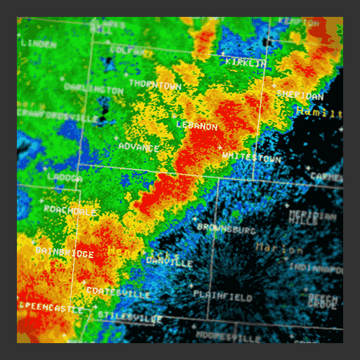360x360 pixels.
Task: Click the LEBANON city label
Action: (x=197, y=126)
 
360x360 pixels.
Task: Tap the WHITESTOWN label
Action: (x=251, y=157)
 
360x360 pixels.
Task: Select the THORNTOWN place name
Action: (x=155, y=85)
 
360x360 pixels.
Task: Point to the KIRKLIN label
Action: (x=246, y=63)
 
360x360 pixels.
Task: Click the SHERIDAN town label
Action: (x=300, y=95)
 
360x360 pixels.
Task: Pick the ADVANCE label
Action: (x=139, y=147)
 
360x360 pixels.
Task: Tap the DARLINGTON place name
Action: (x=94, y=89)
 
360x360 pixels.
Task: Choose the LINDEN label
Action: (x=39, y=44)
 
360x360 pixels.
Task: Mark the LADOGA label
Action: (x=65, y=178)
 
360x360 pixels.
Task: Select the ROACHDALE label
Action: (x=70, y=210)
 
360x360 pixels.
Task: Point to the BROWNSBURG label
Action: (x=226, y=228)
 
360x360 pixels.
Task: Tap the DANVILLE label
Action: (x=169, y=262)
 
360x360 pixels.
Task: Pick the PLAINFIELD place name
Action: (x=222, y=297)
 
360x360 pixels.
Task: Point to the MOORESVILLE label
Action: (x=229, y=337)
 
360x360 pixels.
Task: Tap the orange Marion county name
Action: (x=279, y=247)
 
